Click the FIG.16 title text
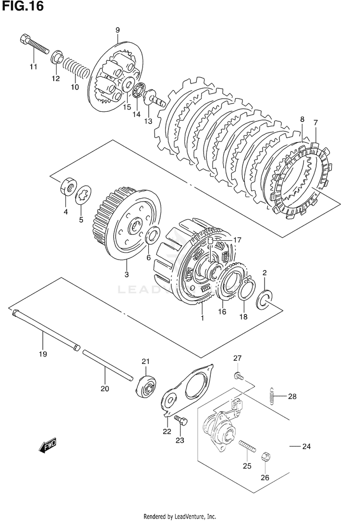(22, 6)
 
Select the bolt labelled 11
(35, 44)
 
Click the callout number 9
(117, 30)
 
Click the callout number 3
(126, 274)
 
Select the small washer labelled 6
(153, 235)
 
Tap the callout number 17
(237, 240)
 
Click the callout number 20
(105, 389)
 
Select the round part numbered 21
(146, 386)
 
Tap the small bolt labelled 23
(181, 420)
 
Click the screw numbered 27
(238, 376)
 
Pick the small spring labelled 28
(271, 396)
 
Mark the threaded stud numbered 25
(247, 446)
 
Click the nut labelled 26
(266, 457)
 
